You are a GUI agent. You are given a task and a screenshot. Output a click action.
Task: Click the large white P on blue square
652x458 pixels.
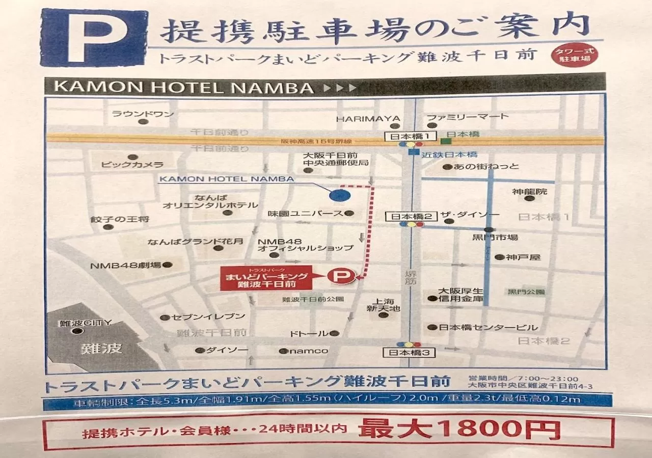click(x=94, y=38)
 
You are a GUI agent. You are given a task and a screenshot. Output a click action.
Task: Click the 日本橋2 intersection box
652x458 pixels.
click(x=412, y=216)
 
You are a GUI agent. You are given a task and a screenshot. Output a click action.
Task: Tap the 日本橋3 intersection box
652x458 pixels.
click(x=410, y=353)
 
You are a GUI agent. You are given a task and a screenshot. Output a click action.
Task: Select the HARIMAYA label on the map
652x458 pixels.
click(x=368, y=118)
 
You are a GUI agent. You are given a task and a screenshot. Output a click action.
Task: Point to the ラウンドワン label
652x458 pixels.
click(x=143, y=114)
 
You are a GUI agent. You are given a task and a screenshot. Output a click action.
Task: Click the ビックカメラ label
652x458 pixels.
click(x=132, y=164)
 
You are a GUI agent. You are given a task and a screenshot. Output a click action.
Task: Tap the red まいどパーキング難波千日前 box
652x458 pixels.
click(x=266, y=278)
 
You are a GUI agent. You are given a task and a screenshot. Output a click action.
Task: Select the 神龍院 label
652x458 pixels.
click(x=530, y=192)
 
